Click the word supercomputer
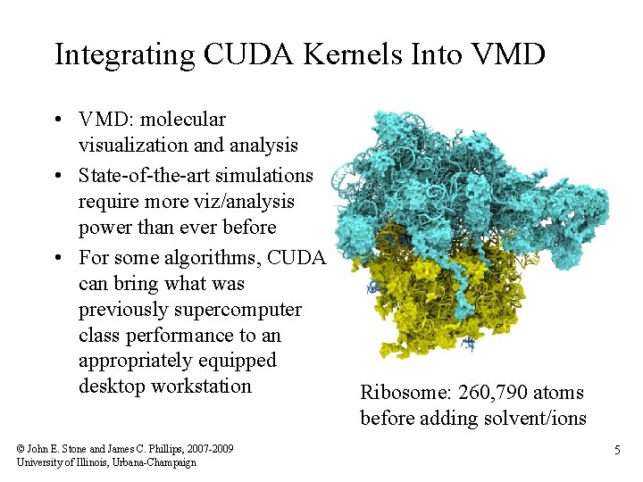point(245,310)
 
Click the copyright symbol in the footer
point(21,448)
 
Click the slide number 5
point(616,452)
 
